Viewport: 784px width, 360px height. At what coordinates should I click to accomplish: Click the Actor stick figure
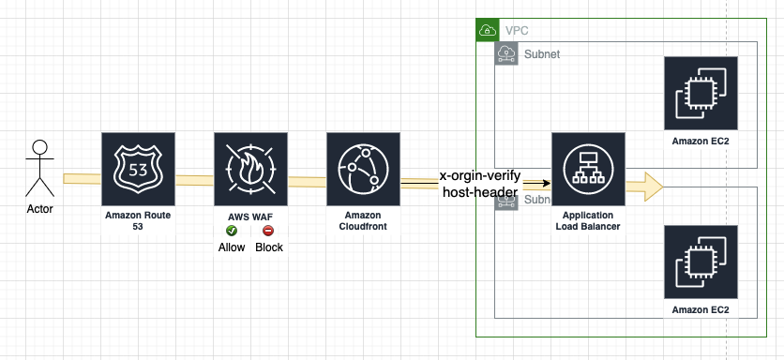click(39, 169)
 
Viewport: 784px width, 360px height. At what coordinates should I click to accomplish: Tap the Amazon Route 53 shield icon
click(138, 169)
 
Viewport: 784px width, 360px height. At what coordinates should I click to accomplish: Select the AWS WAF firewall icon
click(250, 169)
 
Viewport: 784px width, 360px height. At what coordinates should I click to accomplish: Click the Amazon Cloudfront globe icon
click(363, 169)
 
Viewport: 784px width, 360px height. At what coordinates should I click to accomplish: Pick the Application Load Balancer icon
click(588, 169)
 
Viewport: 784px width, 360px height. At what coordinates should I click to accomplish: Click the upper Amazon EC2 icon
click(701, 93)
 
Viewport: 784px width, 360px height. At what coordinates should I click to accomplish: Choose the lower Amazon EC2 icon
click(701, 262)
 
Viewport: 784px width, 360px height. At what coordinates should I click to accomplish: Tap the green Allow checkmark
click(232, 231)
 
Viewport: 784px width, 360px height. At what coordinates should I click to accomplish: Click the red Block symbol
click(268, 231)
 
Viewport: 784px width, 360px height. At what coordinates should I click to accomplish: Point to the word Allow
click(232, 247)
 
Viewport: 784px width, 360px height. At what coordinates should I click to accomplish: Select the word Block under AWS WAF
click(269, 247)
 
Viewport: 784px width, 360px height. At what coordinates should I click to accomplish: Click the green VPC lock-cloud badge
click(488, 30)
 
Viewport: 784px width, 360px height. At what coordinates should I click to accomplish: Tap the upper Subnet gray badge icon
click(506, 53)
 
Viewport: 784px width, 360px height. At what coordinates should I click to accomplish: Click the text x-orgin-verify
click(480, 176)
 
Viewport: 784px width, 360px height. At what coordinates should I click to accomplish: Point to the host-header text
click(480, 191)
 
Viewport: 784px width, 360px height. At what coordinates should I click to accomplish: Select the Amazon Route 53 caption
click(138, 221)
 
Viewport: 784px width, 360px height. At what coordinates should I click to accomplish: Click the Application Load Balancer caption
click(588, 221)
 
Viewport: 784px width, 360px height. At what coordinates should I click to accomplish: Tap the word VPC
click(517, 31)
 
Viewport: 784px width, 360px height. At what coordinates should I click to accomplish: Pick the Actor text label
click(39, 209)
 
